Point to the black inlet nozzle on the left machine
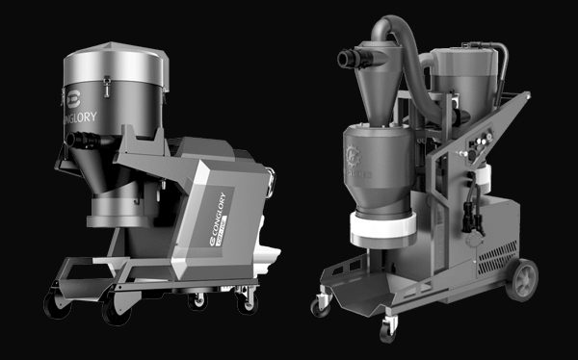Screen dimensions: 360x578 (77, 141)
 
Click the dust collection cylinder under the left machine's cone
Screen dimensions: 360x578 (118, 206)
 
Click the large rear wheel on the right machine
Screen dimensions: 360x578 (524, 280)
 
